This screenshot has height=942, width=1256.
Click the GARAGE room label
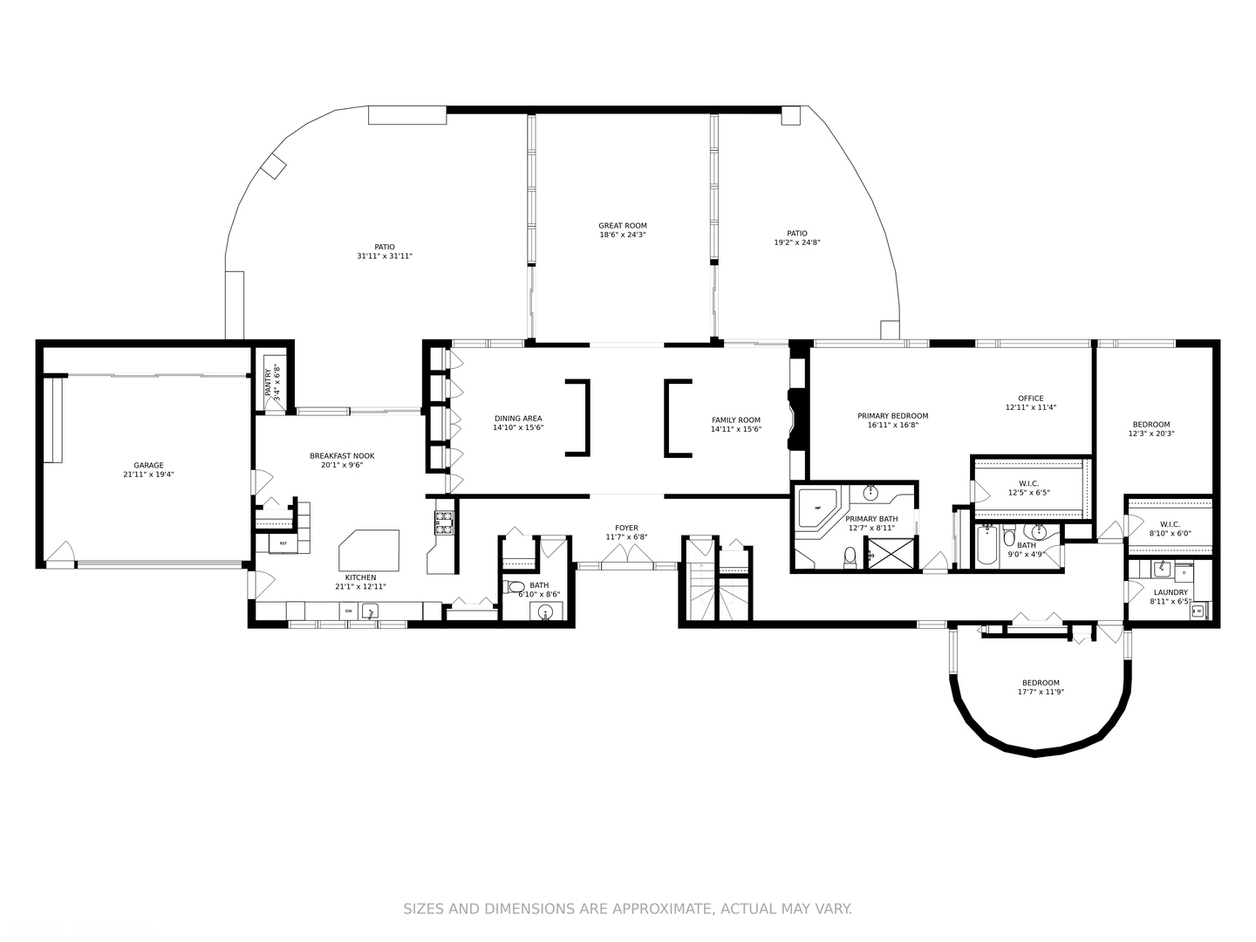(148, 466)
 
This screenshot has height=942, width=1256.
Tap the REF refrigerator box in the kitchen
(283, 543)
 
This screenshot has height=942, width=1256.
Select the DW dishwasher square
(348, 611)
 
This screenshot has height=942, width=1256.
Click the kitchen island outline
(369, 550)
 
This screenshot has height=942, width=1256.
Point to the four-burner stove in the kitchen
(444, 522)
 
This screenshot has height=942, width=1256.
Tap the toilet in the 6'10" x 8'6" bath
(515, 587)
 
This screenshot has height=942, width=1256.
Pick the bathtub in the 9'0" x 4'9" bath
(986, 545)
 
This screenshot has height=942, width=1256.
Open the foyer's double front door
(626, 554)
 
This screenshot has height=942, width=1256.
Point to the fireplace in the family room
(797, 420)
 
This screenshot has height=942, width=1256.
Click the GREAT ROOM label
(623, 226)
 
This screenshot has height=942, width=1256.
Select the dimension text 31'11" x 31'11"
(385, 256)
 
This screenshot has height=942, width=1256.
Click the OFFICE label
(1031, 399)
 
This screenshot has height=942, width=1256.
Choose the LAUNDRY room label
(1171, 592)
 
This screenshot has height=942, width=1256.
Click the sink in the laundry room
(1162, 569)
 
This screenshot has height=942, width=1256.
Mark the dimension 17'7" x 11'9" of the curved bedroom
(1041, 692)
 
